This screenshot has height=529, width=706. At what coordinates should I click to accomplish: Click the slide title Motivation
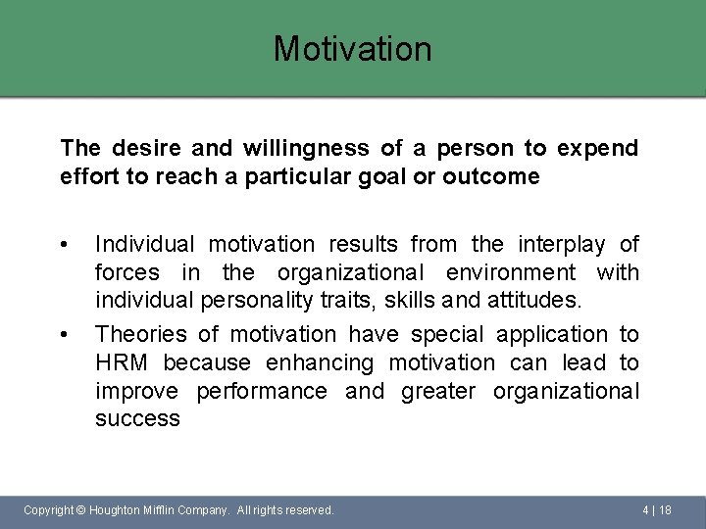click(352, 48)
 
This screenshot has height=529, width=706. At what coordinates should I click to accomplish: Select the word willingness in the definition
click(299, 149)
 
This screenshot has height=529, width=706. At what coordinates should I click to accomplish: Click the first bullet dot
click(64, 244)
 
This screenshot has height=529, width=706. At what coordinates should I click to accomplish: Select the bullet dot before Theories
click(64, 335)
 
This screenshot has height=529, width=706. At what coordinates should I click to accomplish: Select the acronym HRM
click(122, 363)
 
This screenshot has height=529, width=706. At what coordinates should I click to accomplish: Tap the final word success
click(137, 419)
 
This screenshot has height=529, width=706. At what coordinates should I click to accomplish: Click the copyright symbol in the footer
click(80, 510)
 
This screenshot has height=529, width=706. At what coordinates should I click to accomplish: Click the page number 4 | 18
click(656, 510)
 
